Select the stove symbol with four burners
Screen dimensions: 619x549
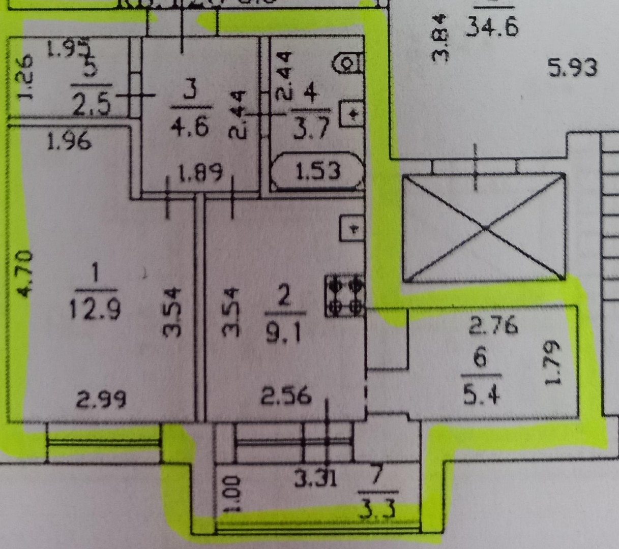click(345, 296)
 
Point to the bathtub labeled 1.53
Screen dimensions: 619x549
click(317, 171)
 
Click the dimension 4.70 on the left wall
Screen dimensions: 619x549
click(24, 273)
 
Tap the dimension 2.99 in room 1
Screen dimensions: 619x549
click(101, 400)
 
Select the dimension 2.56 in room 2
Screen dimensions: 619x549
click(286, 395)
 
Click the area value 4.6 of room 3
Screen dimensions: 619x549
click(189, 125)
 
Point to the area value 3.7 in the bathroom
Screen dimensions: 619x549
click(311, 128)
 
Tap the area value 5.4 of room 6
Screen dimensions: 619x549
click(481, 394)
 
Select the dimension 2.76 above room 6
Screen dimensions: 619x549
click(492, 325)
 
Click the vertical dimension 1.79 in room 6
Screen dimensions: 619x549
click(553, 362)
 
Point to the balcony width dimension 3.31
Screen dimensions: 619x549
click(315, 478)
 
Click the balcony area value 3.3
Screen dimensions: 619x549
click(378, 508)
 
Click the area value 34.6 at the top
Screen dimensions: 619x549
click(492, 27)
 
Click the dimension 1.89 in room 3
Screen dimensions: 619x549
click(200, 173)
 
